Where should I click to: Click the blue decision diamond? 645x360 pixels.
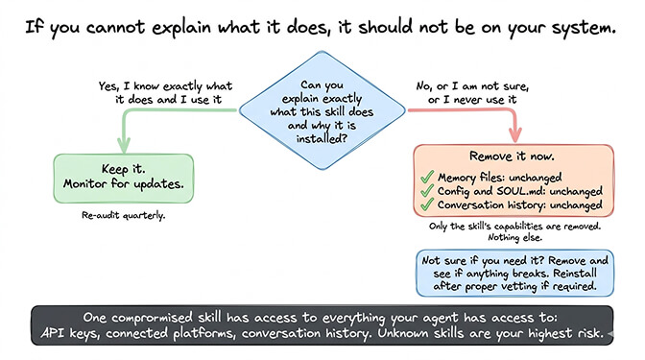(322, 110)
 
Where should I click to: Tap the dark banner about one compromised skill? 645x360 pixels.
(322, 325)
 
